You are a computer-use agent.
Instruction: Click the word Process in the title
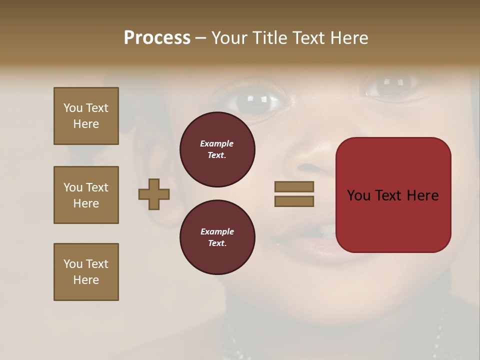157,38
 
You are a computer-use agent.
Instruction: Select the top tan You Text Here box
86,116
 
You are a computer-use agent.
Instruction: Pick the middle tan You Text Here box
86,195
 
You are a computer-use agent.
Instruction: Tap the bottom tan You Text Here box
86,272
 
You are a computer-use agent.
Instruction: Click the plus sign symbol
154,194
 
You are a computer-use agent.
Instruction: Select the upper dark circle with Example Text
217,149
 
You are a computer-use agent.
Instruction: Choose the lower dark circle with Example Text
217,237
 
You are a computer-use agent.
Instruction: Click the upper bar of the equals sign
294,186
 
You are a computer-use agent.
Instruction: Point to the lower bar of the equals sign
294,201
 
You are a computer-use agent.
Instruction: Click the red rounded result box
393,220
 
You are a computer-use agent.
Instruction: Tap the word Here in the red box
422,195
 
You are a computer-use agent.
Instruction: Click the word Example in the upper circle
217,144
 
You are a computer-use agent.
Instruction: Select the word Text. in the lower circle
217,243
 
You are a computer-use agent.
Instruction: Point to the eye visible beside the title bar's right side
387,86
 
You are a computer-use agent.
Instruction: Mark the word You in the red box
359,195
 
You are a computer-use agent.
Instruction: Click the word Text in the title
308,38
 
